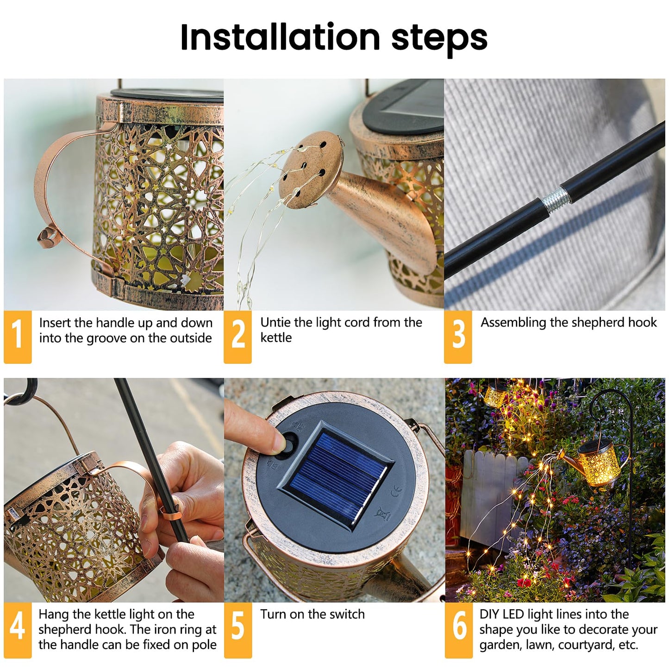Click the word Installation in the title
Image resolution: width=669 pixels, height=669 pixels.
click(x=280, y=38)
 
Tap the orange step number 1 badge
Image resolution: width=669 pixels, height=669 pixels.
click(x=17, y=336)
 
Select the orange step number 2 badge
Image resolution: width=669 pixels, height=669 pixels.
click(x=238, y=336)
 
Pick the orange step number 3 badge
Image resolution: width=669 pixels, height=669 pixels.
click(x=458, y=336)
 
